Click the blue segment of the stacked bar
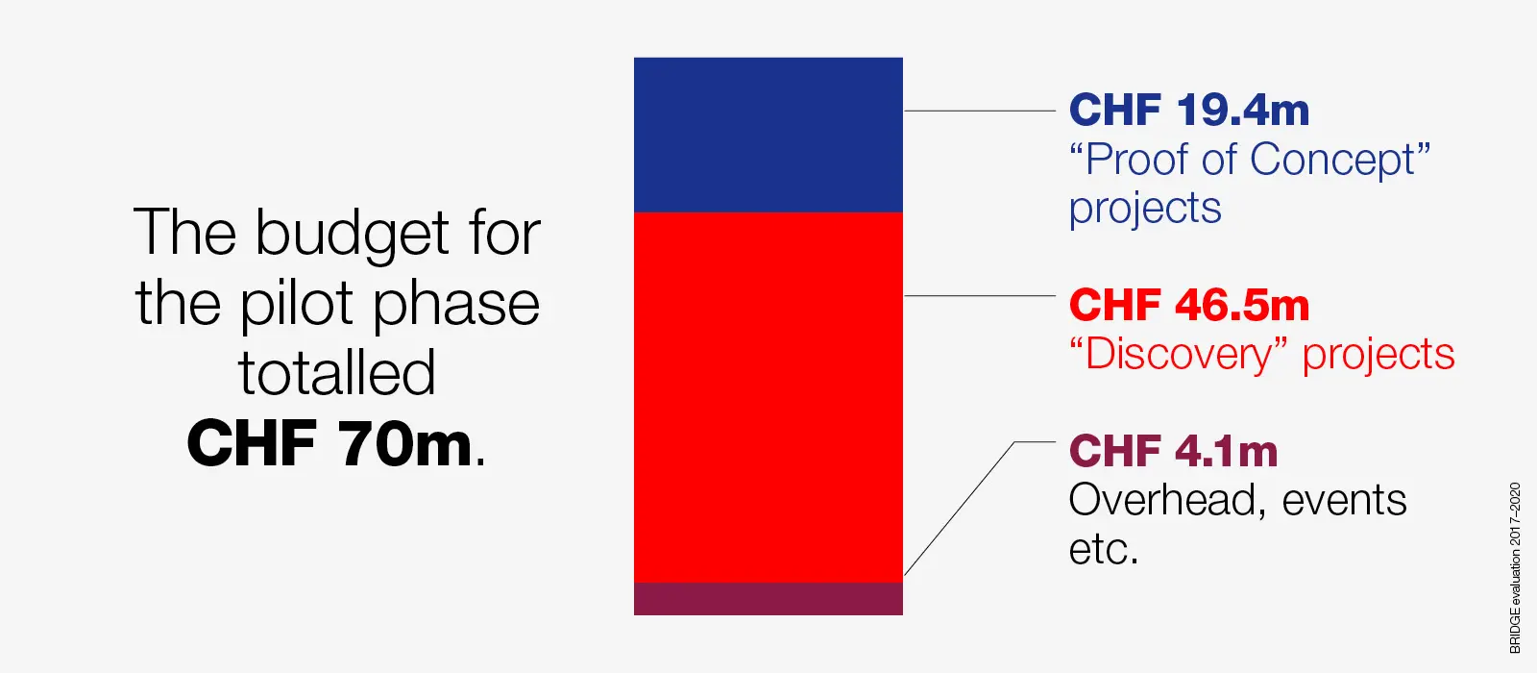point(768,135)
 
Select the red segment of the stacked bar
point(768,398)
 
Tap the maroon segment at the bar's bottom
point(768,599)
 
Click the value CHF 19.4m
point(1189,110)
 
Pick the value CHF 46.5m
point(1189,305)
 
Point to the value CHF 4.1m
point(1173,451)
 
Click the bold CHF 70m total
point(329,443)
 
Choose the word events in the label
point(1344,501)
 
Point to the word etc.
point(1104,549)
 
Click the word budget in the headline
point(352,235)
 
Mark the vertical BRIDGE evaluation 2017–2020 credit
point(1514,568)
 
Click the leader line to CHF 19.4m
point(980,111)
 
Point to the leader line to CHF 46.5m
point(980,296)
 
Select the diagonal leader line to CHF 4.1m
point(960,509)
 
